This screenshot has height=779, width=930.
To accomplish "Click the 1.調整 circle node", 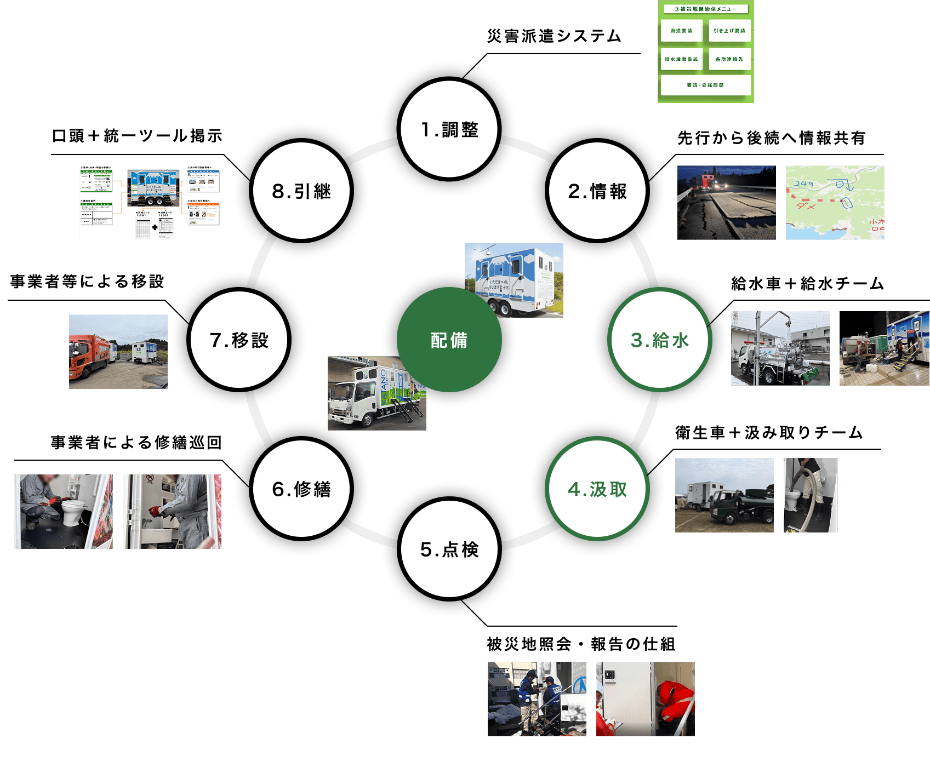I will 449,129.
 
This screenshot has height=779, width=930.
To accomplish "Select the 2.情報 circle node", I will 597,191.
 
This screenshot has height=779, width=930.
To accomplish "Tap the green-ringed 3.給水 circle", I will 659,340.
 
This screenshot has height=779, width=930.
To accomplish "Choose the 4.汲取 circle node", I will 597,489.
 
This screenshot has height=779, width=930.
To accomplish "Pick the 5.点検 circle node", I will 449,549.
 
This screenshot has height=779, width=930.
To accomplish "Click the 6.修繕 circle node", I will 301,489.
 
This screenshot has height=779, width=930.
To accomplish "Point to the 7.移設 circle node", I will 239,340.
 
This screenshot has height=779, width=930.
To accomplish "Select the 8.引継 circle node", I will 301,191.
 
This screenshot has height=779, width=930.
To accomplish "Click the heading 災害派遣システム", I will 554,36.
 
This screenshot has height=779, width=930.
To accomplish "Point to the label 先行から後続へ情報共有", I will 771,138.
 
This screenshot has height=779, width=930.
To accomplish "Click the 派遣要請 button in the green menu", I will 681,31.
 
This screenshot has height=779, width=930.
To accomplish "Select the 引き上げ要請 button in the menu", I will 729,31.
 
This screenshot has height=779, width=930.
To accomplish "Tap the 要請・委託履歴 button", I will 705,85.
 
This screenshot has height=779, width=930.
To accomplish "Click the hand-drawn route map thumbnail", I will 835,203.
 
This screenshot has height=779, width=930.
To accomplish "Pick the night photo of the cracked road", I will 726,203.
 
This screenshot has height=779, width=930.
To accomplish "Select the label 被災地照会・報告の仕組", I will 581,644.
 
